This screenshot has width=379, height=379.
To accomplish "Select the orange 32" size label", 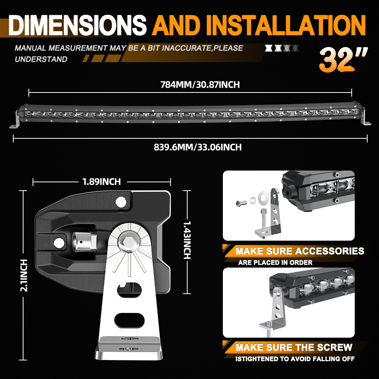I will pos(343,60).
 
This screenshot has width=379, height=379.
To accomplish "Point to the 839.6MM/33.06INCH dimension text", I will pos(197,147).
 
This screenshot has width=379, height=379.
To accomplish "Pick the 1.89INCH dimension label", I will pos(102,182).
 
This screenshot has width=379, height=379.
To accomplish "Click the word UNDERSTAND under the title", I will pos(41,59).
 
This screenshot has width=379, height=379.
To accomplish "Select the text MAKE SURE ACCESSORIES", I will pos(300,251).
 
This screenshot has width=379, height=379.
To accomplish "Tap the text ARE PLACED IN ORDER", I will pos(275,262).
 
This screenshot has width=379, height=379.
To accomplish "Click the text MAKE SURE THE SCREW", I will pos(294,347).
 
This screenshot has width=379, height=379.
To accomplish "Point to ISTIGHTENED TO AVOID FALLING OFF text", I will pos(295,359).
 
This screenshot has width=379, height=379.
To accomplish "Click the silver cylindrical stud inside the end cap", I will pos(82,241).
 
